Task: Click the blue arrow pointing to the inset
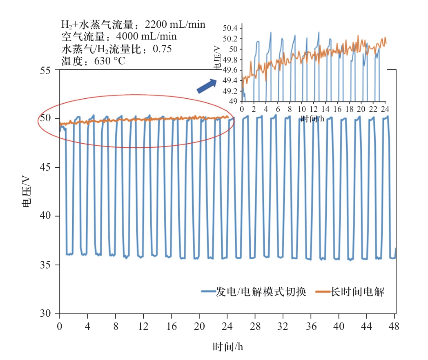coord(207,86)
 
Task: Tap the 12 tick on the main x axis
coord(143,327)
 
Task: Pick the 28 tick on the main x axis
coord(255,327)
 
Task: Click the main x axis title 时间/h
coord(228,347)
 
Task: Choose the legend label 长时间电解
coord(358,291)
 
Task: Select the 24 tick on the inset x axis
coord(384,110)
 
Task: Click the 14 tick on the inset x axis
coord(325,110)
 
